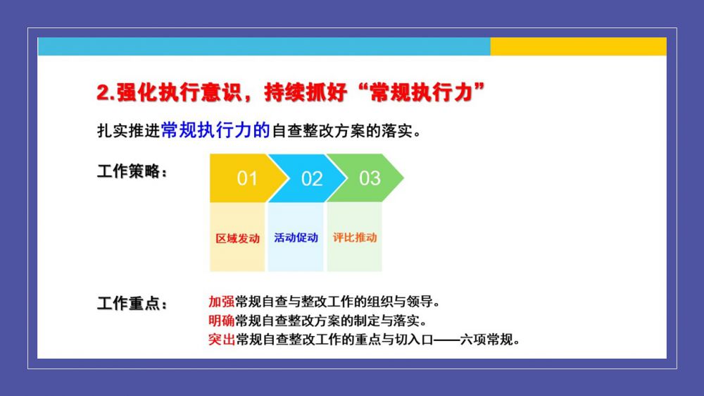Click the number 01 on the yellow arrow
click(x=247, y=178)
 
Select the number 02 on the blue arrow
click(x=312, y=179)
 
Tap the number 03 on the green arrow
click(x=370, y=178)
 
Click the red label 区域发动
click(x=237, y=238)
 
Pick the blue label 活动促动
click(x=296, y=237)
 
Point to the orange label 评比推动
click(x=355, y=237)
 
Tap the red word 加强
click(x=221, y=301)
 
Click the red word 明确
click(x=221, y=321)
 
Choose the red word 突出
click(x=221, y=340)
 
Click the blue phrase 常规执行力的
click(x=215, y=130)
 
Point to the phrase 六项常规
click(x=486, y=340)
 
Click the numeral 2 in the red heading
click(x=103, y=93)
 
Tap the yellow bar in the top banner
click(x=578, y=47)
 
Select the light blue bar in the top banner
click(x=264, y=47)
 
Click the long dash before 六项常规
click(x=447, y=340)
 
